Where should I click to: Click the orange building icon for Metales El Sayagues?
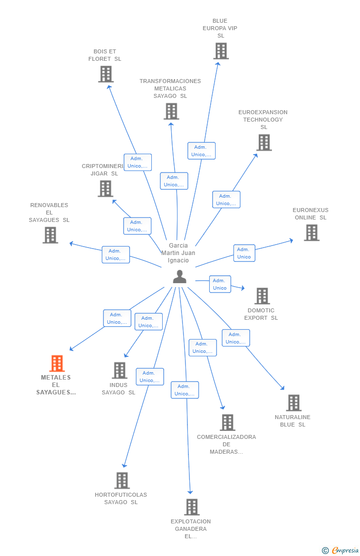click(57, 363)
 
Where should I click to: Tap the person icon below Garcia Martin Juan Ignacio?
click(180, 277)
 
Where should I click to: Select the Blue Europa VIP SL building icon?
click(221, 51)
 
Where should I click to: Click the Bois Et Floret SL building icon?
click(105, 74)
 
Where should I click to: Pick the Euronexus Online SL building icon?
click(311, 232)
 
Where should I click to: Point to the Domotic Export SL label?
click(261, 314)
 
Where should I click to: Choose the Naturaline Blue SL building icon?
click(293, 403)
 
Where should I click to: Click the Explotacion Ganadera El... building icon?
click(191, 507)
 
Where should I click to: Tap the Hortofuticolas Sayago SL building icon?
click(122, 480)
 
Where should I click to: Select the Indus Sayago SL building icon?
click(119, 370)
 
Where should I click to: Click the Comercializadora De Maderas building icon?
click(227, 423)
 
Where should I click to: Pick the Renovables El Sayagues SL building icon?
click(50, 235)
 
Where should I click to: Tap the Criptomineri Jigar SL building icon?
click(105, 188)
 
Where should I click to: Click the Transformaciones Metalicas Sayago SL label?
click(170, 88)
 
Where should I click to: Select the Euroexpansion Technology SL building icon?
click(264, 142)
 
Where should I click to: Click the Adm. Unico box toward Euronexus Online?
click(244, 253)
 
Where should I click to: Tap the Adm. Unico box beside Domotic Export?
click(220, 284)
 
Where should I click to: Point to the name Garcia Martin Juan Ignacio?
click(178, 253)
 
